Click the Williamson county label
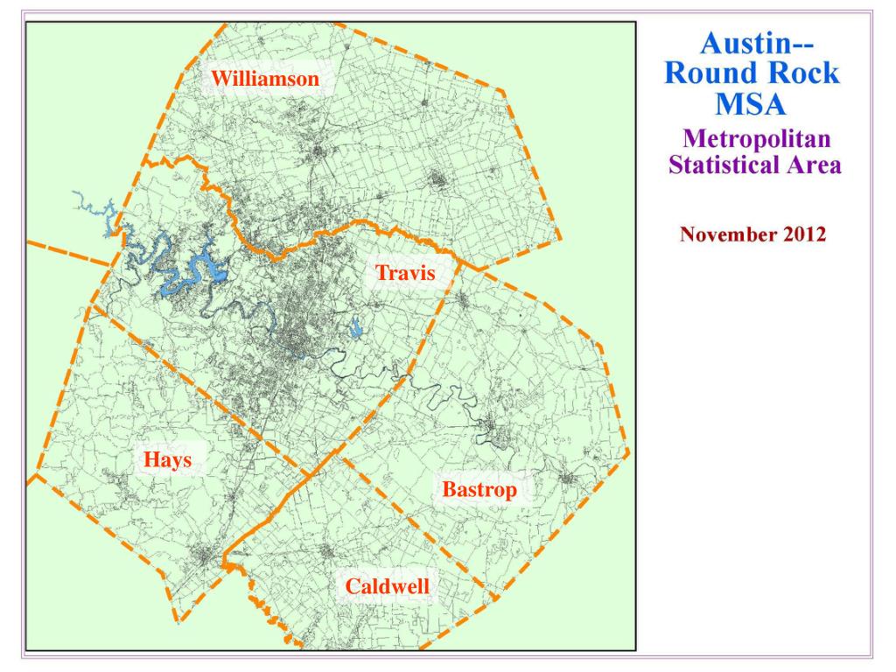[x=264, y=80]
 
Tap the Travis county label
[x=405, y=273]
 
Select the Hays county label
[x=167, y=460]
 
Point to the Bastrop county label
[x=479, y=490]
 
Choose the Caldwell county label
[x=388, y=586]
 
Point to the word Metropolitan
[x=756, y=138]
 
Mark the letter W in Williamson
[x=219, y=80]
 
